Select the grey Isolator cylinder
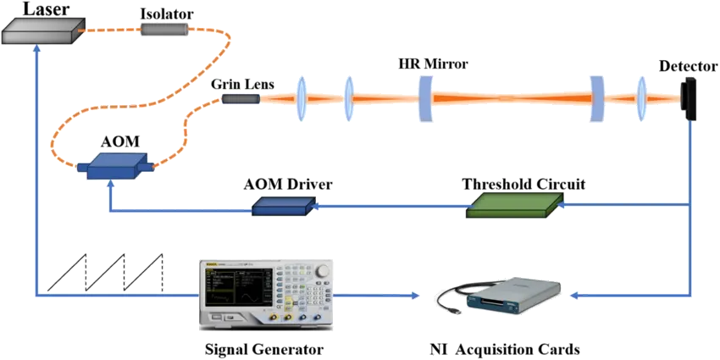tap(163, 30)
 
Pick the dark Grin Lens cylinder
tap(241, 100)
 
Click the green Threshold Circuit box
tap(512, 204)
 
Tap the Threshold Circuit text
tap(523, 183)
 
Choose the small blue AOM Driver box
tap(279, 204)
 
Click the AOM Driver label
tap(287, 184)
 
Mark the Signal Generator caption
tap(264, 348)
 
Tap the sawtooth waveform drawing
tap(106, 270)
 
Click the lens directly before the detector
tap(641, 98)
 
